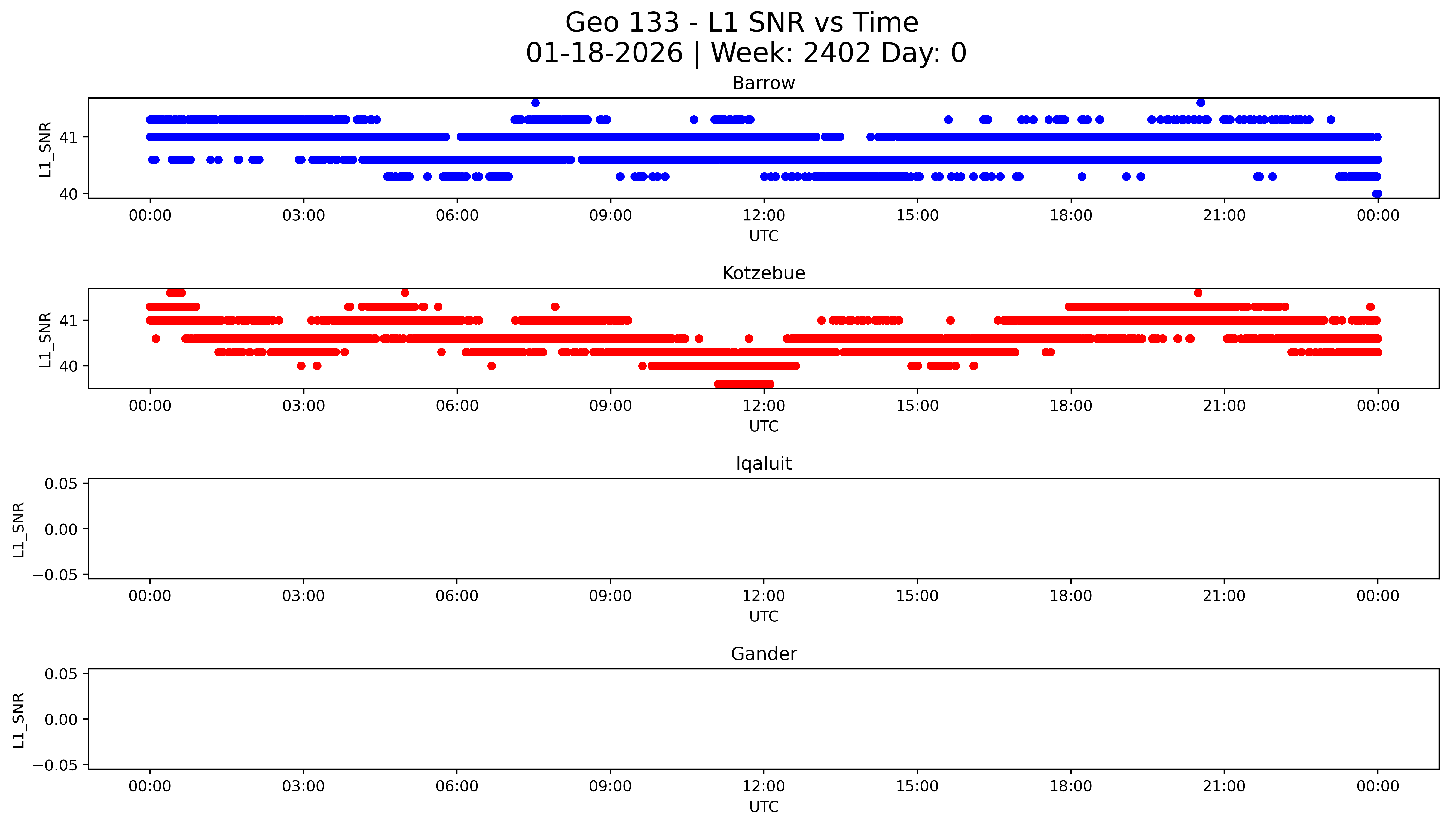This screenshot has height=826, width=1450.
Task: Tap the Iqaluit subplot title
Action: click(763, 464)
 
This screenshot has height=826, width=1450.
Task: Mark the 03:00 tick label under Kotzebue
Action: click(303, 406)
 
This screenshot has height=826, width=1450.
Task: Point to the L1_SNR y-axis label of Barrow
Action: click(45, 149)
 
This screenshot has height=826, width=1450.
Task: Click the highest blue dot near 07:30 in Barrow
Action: click(535, 103)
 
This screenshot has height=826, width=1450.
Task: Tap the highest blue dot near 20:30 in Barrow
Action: click(1201, 103)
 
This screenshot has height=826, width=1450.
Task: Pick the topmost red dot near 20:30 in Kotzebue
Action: click(1198, 293)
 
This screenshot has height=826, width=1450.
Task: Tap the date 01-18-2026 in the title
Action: click(604, 53)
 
